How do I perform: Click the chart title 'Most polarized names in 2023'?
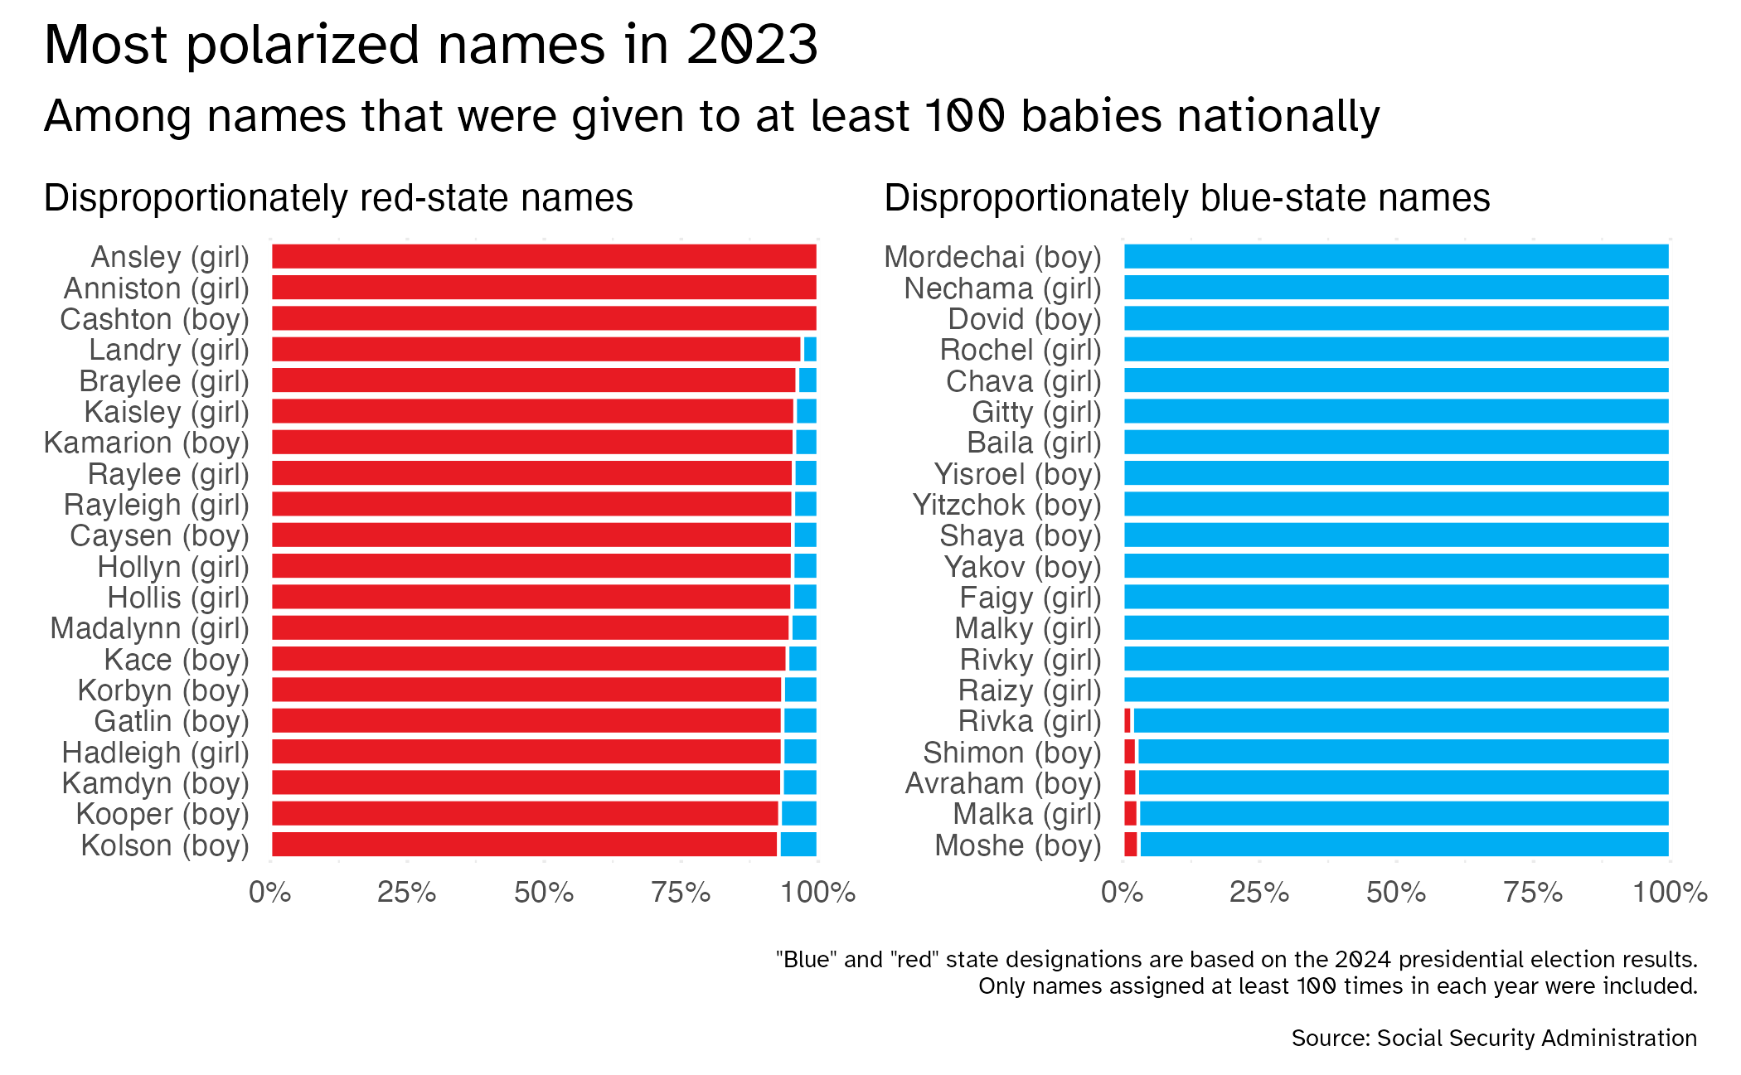(430, 45)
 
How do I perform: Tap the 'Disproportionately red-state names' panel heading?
(338, 199)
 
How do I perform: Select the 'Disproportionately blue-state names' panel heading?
(1186, 199)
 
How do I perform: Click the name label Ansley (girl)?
(170, 258)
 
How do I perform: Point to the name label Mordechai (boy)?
(992, 258)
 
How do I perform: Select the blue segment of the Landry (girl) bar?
(810, 350)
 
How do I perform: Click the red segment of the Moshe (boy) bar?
(1130, 845)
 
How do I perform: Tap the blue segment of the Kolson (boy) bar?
(798, 845)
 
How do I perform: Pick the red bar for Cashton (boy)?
(544, 319)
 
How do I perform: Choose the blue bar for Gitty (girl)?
(1396, 412)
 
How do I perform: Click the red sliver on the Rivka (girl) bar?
(1128, 721)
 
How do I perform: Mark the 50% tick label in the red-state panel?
(544, 893)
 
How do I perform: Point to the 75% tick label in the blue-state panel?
(1533, 893)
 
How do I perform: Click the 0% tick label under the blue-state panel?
(1123, 893)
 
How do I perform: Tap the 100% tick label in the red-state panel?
(817, 893)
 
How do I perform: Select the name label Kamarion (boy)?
(146, 443)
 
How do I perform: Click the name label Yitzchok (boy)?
(1006, 505)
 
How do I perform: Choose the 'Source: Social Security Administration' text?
(1494, 1039)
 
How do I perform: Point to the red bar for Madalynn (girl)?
(531, 628)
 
